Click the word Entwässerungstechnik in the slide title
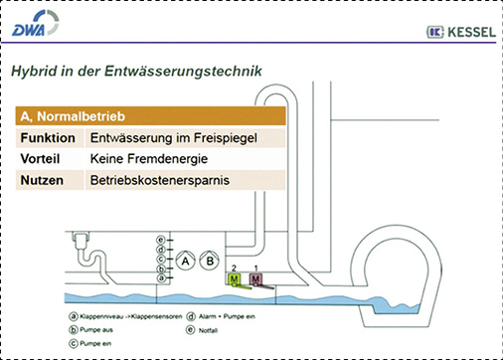pyautogui.click(x=190, y=72)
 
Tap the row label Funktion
pyautogui.click(x=48, y=137)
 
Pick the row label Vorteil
pyautogui.click(x=42, y=159)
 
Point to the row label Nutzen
pyautogui.click(x=41, y=181)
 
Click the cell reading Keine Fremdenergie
pyautogui.click(x=142, y=159)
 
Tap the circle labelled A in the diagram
pyautogui.click(x=185, y=263)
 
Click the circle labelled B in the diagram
pyautogui.click(x=210, y=263)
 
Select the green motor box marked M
pyautogui.click(x=235, y=281)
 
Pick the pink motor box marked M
pyautogui.click(x=256, y=281)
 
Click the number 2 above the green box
pyautogui.click(x=234, y=270)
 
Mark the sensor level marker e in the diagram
pyautogui.click(x=160, y=239)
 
